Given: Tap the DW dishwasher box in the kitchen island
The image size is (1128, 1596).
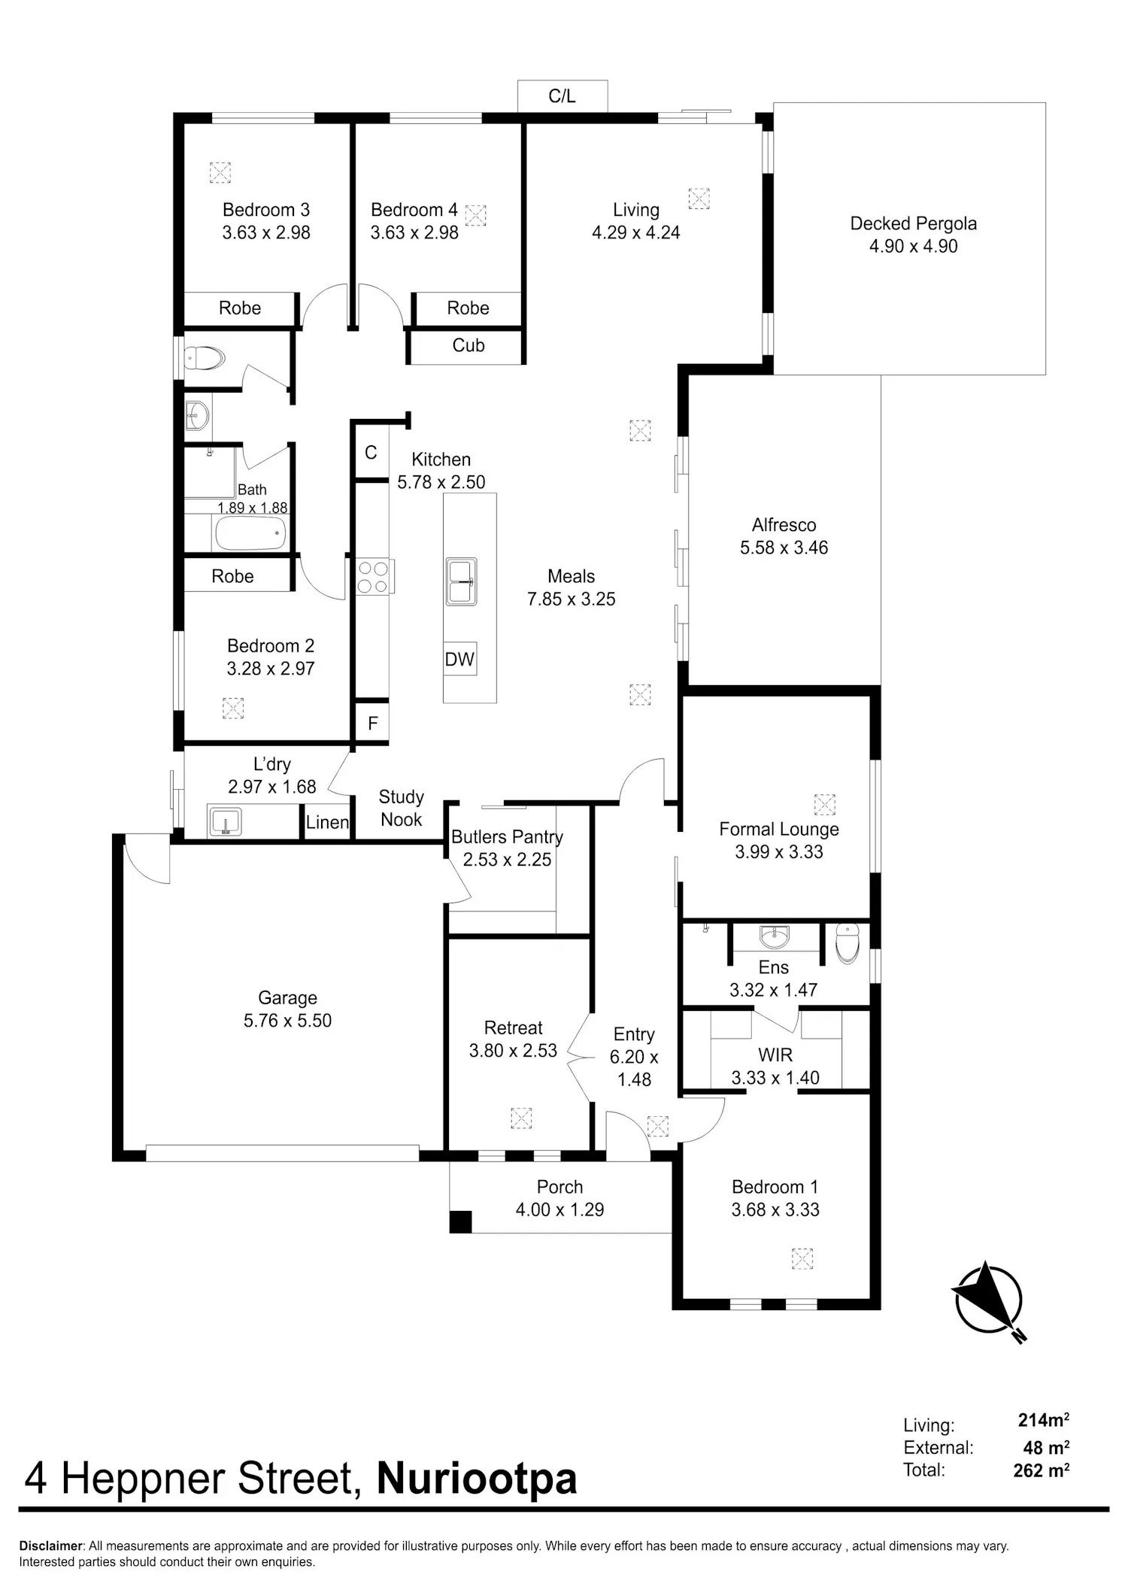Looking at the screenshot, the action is click(x=459, y=660).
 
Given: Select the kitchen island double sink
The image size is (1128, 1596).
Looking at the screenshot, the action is click(x=461, y=581).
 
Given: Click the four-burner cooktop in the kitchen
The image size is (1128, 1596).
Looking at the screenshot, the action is click(x=374, y=577).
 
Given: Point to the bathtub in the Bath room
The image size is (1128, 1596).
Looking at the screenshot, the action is click(x=251, y=533).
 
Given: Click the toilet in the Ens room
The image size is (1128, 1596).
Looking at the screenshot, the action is click(x=848, y=942).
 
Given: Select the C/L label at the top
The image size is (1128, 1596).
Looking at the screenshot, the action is click(x=562, y=96).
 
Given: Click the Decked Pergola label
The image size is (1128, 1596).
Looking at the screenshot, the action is click(x=914, y=223).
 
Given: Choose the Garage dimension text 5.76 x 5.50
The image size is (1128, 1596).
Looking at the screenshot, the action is click(x=287, y=1021).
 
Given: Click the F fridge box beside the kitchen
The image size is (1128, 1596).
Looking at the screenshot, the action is click(x=372, y=724).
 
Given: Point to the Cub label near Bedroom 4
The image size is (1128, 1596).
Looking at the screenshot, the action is click(x=468, y=345).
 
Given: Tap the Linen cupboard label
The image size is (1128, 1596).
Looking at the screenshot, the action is click(x=327, y=822).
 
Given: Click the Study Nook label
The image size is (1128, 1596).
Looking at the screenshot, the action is click(x=402, y=808).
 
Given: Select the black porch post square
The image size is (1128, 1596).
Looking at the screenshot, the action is click(x=460, y=1221).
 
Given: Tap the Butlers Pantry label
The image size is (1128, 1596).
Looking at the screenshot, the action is click(x=507, y=837).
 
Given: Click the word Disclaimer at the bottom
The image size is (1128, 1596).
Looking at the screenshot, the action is click(x=50, y=1546).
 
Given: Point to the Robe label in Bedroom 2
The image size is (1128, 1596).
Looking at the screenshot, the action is click(x=232, y=576).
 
